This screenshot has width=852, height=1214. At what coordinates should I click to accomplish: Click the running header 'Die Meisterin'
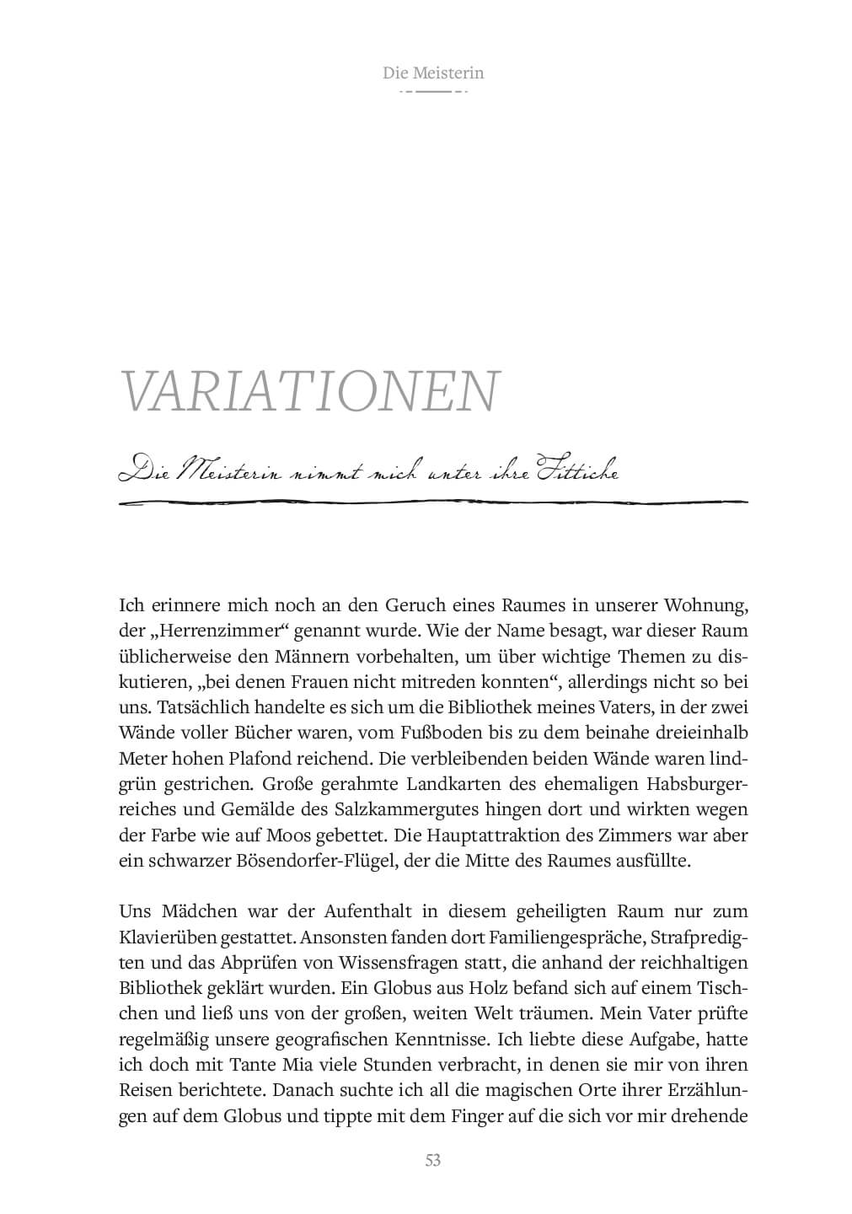[433, 73]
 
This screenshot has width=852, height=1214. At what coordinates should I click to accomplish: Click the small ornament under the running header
[433, 90]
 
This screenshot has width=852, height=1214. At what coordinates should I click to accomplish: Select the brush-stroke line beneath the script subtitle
[433, 503]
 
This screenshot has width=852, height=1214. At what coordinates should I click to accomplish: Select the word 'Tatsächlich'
[195, 707]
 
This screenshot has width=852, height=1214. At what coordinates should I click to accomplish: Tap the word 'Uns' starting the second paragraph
[135, 912]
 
